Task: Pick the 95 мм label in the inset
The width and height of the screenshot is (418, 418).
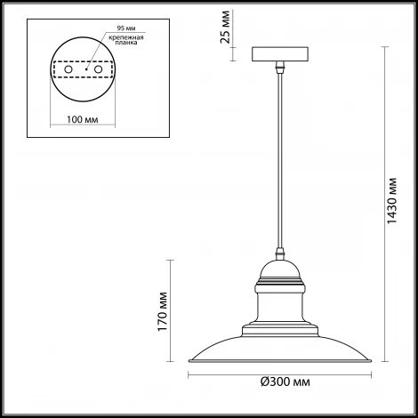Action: pos(114,28)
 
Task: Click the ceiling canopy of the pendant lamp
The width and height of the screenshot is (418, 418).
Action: pos(281,54)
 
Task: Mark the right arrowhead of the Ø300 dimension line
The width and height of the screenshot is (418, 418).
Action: pos(371,373)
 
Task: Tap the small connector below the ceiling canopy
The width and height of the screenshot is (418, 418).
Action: pos(281,68)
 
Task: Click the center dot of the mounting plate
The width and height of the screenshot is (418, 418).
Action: pos(85,68)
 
